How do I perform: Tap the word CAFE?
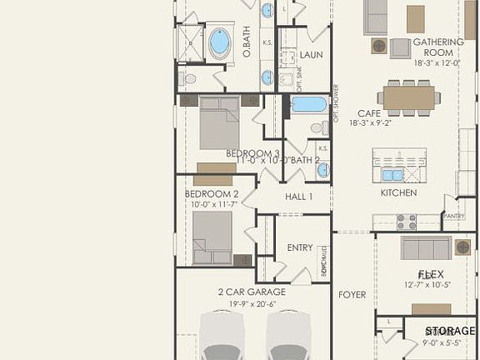pyautogui.click(x=369, y=112)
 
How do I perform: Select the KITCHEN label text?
pyautogui.click(x=398, y=192)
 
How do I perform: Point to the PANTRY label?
pyautogui.click(x=453, y=216)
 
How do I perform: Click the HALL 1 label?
pyautogui.click(x=298, y=197)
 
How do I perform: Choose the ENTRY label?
pyautogui.click(x=299, y=247)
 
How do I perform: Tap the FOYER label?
pyautogui.click(x=352, y=294)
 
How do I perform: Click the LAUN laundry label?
pyautogui.click(x=312, y=56)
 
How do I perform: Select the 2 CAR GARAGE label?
pyautogui.click(x=252, y=292)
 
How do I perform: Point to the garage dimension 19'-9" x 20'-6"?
pyautogui.click(x=252, y=304)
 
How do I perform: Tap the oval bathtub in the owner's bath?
pyautogui.click(x=219, y=42)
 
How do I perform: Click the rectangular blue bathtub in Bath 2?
pyautogui.click(x=309, y=104)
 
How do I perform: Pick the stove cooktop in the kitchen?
pyautogui.click(x=406, y=222)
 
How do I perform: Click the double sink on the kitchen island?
pyautogui.click(x=392, y=174)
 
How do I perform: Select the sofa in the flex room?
pyautogui.click(x=426, y=247)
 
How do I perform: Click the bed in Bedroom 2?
pyautogui.click(x=212, y=237)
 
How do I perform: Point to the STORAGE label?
pyautogui.click(x=450, y=331)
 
